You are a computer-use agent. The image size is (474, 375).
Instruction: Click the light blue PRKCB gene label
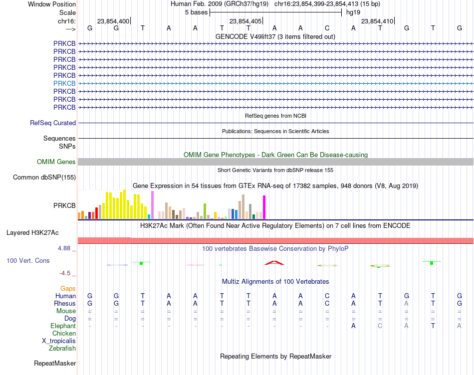click(64, 83)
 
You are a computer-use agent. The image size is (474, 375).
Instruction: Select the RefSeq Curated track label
click(53, 123)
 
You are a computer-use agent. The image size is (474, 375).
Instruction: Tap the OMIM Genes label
click(56, 162)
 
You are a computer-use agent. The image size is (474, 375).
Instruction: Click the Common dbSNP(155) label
click(44, 178)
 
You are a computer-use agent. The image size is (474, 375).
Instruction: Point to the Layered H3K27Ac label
click(32, 233)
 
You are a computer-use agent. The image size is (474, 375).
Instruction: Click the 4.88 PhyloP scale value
click(64, 248)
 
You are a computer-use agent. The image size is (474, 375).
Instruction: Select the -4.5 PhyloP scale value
click(65, 273)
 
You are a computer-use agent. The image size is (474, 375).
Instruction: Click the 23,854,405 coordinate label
click(245, 21)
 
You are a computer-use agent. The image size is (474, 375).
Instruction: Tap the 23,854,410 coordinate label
click(377, 21)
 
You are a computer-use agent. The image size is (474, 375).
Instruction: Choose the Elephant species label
click(63, 326)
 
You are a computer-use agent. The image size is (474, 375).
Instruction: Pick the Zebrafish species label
click(62, 349)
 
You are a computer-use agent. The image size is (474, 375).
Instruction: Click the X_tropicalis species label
click(59, 341)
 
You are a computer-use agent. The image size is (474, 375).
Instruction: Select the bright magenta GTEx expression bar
click(264, 207)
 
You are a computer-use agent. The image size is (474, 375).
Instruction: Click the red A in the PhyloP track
click(274, 263)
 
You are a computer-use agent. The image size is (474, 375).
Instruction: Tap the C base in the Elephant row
click(380, 326)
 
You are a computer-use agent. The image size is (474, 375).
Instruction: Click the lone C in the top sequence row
click(327, 28)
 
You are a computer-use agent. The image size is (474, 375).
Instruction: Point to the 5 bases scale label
click(197, 12)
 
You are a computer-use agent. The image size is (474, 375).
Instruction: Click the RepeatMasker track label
click(55, 363)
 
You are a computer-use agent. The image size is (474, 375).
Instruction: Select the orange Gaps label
click(68, 289)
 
